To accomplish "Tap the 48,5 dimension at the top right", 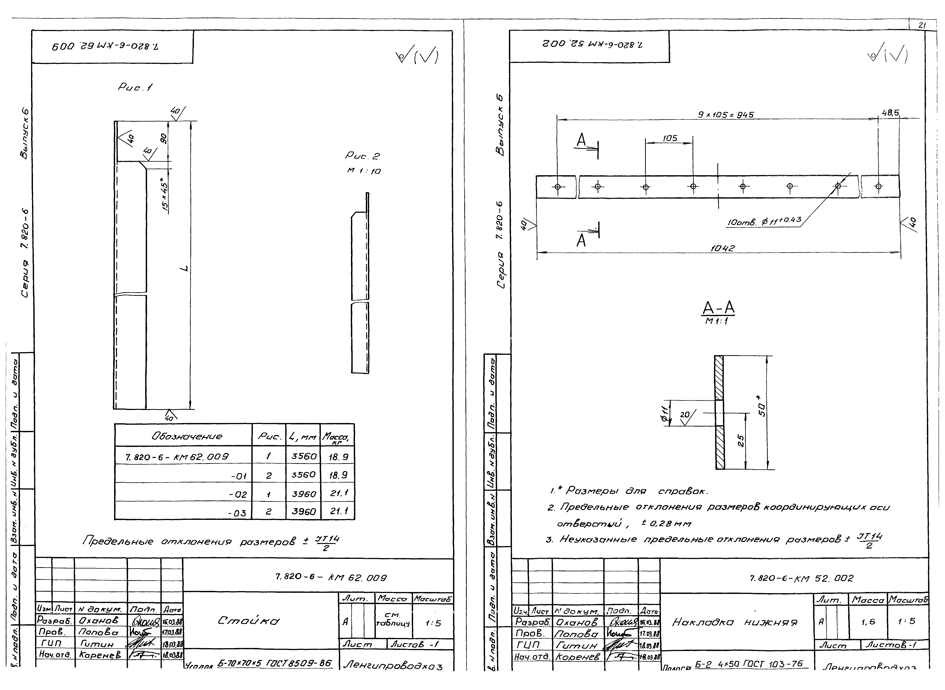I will tap(890, 113).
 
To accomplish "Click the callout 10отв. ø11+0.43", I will tap(764, 221).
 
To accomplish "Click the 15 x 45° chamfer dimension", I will tap(165, 196).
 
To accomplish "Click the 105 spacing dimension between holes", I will tap(670, 138).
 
